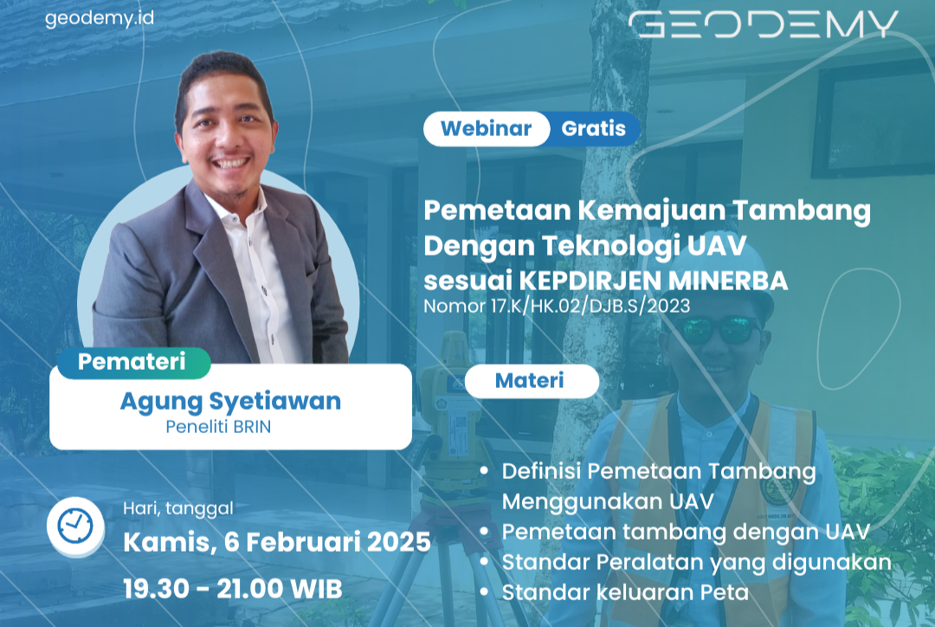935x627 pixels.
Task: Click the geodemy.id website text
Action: [100, 18]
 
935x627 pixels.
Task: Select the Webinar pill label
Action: [486, 129]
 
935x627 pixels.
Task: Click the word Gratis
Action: [593, 129]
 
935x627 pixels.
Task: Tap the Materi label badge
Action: [530, 380]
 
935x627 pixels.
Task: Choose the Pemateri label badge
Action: [132, 362]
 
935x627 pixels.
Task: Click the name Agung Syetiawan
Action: [230, 402]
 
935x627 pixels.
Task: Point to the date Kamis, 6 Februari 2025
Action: [277, 543]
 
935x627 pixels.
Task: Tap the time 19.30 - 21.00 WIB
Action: [233, 589]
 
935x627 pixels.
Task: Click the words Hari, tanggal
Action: [178, 508]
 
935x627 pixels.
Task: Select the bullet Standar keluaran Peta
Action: [625, 593]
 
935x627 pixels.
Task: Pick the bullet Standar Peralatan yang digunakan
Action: [696, 562]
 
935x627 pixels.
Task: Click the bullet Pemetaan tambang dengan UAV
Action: [686, 531]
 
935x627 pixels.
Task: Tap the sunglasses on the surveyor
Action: [718, 329]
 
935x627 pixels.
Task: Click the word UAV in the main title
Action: [713, 246]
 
